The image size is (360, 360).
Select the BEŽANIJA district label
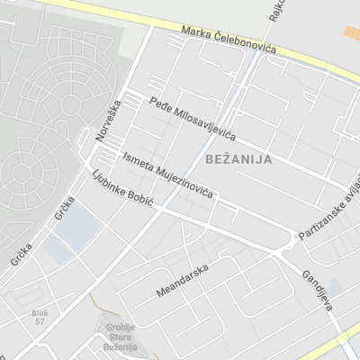238,158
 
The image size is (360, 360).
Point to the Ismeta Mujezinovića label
167,175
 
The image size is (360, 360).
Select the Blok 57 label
39,317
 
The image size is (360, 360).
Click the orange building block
351,32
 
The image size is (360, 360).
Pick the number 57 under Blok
39,321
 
